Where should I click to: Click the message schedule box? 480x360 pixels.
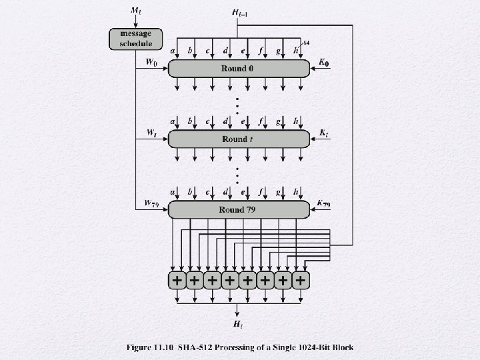135,39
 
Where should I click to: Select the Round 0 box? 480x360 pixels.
239,69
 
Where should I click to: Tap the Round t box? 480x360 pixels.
239,139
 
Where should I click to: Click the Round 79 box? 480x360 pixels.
239,210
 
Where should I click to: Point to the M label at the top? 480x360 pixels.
136,11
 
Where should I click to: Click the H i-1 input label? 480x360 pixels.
240,13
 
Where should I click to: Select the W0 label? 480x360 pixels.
151,62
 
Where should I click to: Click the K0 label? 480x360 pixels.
324,63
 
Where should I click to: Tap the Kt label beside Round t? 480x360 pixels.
323,133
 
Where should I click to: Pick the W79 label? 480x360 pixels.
151,203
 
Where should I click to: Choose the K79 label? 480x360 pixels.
323,203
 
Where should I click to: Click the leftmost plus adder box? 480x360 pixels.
177,280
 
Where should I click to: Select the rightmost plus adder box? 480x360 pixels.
301,280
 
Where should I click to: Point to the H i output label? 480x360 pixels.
238,324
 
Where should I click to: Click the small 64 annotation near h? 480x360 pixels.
306,43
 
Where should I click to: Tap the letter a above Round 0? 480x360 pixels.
173,51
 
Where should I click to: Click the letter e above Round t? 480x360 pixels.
243,122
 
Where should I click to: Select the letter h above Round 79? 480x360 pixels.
296,192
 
